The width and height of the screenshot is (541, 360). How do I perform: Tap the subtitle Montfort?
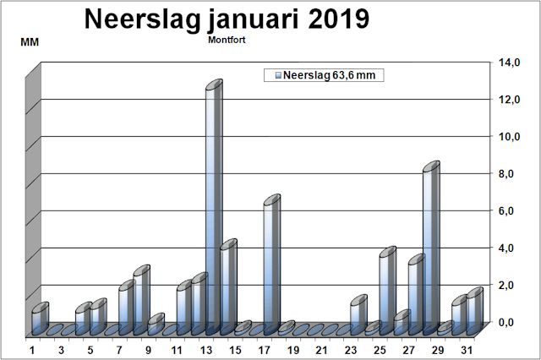click(227, 40)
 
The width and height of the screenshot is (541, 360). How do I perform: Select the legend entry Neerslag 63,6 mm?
click(325, 76)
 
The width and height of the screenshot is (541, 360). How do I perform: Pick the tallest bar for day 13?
click(214, 203)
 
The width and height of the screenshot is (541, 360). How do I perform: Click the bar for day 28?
click(431, 245)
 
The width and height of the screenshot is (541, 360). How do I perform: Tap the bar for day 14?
click(228, 284)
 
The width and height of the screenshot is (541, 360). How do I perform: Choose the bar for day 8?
click(126, 304)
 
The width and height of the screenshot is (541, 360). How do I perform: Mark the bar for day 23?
click(358, 313)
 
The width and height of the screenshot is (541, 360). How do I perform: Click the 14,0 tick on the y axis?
click(509, 63)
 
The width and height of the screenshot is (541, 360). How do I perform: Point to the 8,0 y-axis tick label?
click(507, 173)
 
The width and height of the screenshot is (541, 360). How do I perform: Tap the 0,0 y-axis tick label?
click(507, 322)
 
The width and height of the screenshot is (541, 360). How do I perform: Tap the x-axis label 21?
click(323, 350)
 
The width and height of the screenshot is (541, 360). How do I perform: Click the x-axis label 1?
click(32, 350)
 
